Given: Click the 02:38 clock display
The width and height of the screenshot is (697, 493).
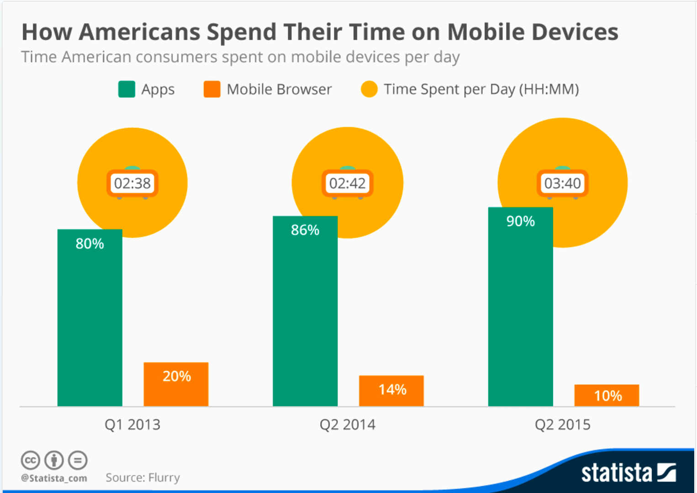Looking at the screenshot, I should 132,184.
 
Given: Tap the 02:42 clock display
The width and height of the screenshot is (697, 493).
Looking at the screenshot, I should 348,184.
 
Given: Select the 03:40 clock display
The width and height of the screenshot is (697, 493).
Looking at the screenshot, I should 563,184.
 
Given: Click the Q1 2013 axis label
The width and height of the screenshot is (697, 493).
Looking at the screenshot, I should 132,425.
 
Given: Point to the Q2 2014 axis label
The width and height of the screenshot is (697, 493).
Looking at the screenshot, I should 348,425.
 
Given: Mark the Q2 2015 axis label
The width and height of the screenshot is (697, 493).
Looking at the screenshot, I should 563,425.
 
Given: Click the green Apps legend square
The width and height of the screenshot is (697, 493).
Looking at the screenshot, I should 127,89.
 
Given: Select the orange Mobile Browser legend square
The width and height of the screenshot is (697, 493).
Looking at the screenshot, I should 212,89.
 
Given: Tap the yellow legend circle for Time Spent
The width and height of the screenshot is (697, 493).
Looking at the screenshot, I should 369,89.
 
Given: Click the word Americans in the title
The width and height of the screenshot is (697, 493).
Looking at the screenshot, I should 140,32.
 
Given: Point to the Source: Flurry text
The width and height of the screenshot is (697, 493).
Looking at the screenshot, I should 143,477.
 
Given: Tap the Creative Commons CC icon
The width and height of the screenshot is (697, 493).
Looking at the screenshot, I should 30,460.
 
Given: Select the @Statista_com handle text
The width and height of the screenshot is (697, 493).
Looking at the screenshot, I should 54,478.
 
